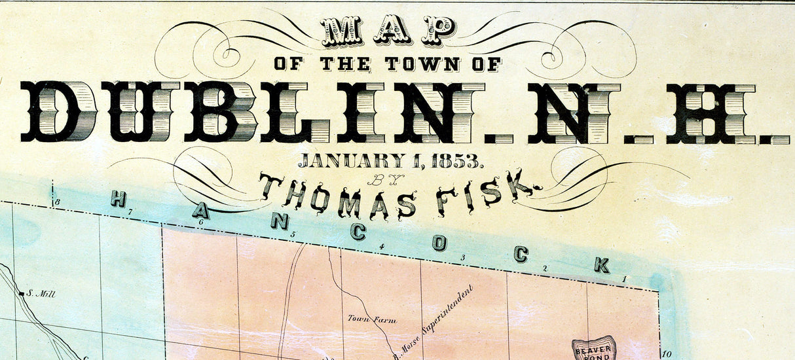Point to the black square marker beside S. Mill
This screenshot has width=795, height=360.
pyautogui.click(x=22, y=295)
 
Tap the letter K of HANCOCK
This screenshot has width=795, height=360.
pyautogui.click(x=601, y=264)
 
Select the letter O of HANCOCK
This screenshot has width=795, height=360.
pyautogui.click(x=439, y=243)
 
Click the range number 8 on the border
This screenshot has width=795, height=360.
pyautogui.click(x=58, y=202)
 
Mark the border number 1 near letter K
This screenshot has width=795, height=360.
pyautogui.click(x=624, y=279)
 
